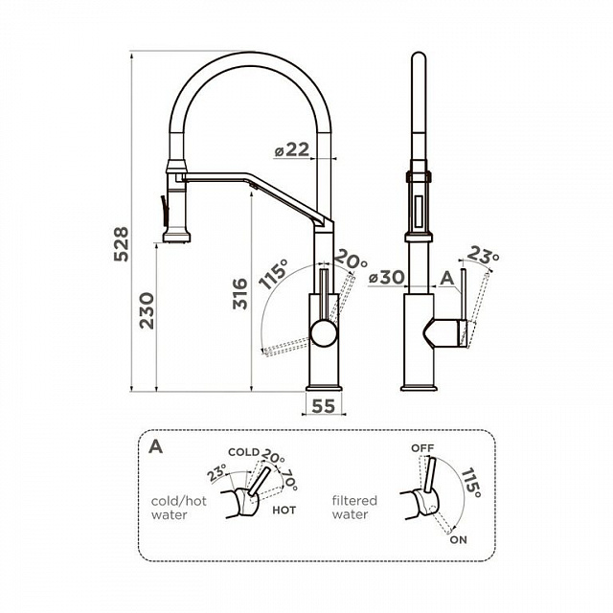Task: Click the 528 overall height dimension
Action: click(x=121, y=244)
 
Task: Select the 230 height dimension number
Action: click(x=148, y=310)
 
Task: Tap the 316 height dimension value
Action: click(x=240, y=294)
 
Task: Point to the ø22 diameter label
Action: click(x=291, y=149)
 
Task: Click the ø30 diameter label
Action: click(x=387, y=278)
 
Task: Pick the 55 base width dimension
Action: click(x=324, y=406)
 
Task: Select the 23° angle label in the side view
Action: click(x=483, y=255)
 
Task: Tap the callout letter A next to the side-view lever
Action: click(x=447, y=279)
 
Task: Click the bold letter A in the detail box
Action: click(x=155, y=446)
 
